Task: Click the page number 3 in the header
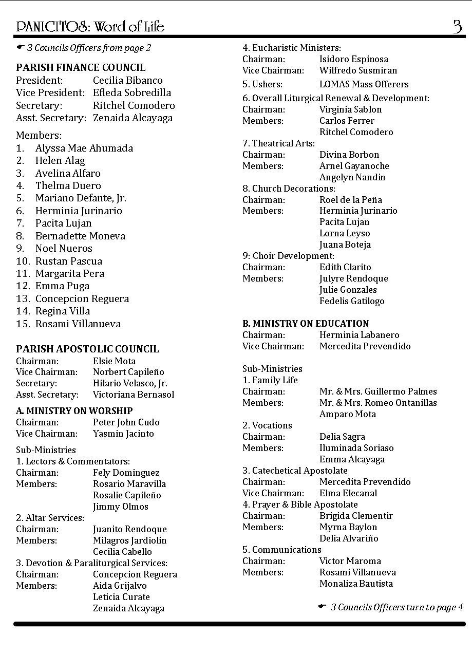click(457, 26)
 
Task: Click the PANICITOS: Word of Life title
click(90, 26)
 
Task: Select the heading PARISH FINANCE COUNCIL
click(81, 67)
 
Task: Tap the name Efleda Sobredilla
click(132, 93)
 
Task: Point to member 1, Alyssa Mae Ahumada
click(84, 148)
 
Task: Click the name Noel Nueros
click(64, 249)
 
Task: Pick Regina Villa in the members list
click(62, 311)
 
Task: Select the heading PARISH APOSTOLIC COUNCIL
click(87, 349)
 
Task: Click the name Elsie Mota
click(114, 361)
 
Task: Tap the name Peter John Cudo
click(126, 422)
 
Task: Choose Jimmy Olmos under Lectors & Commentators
click(120, 507)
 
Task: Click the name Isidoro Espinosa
click(353, 60)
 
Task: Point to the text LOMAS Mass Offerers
click(364, 84)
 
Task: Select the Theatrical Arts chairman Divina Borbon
click(349, 155)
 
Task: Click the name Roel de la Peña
click(350, 200)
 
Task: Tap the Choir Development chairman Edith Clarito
click(345, 267)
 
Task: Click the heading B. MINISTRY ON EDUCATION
click(305, 324)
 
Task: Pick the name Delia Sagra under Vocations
click(342, 437)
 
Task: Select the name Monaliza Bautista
click(356, 584)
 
